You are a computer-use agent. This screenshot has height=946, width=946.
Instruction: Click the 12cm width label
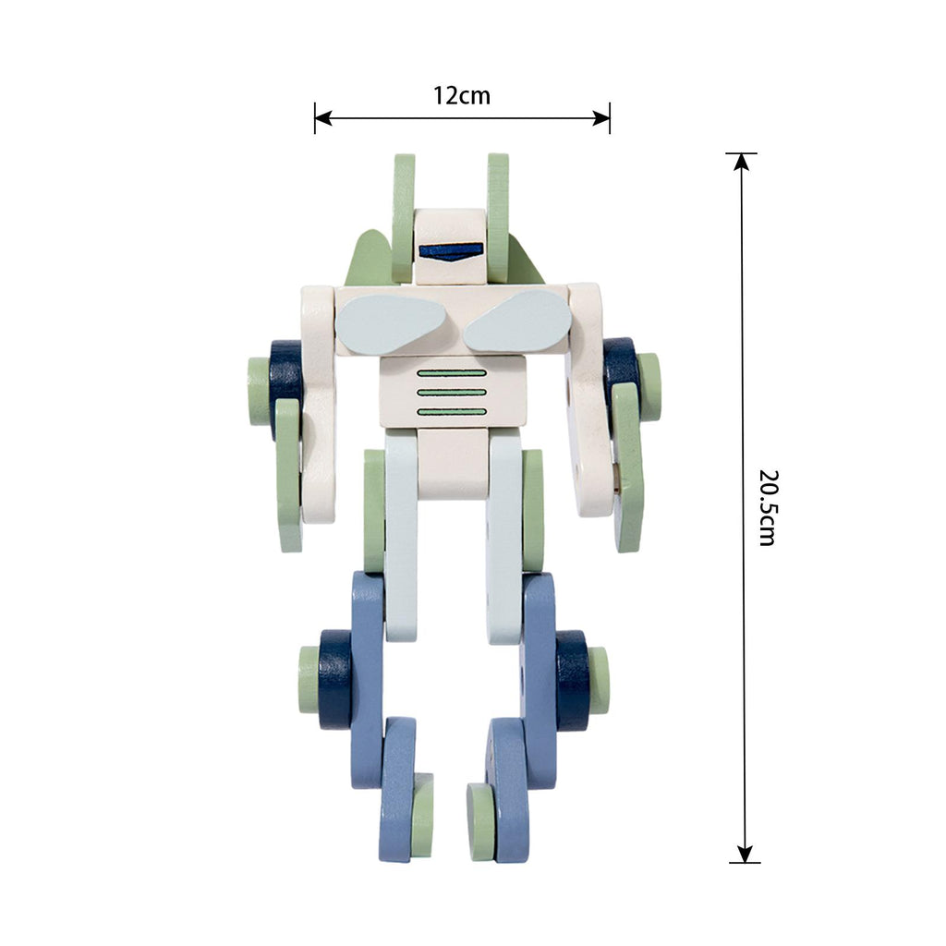pos(462,95)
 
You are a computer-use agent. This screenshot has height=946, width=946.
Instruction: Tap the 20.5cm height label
pos(768,508)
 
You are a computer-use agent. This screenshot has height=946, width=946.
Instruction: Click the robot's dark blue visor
pos(451,251)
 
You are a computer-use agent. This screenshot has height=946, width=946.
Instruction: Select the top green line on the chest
pos(451,373)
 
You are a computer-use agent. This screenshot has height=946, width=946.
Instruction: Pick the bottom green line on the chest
pos(451,412)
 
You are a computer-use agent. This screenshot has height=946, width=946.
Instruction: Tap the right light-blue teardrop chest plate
pos(517,322)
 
